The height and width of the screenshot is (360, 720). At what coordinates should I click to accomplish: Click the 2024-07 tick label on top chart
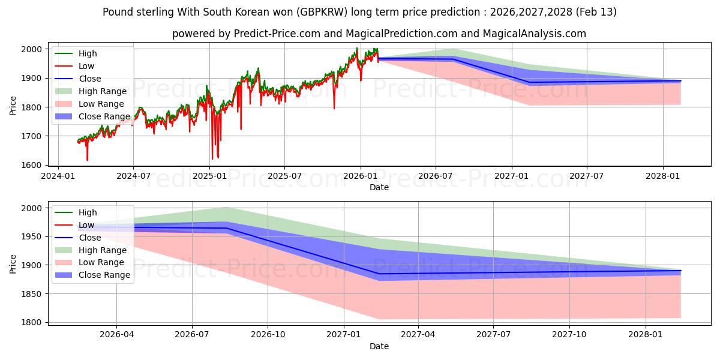pos(133,177)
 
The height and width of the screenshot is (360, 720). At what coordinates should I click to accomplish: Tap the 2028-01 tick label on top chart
pos(663,177)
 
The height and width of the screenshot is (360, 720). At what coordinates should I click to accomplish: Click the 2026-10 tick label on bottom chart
pos(268,335)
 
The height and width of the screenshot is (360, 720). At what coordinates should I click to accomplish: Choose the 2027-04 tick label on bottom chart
pos(418,335)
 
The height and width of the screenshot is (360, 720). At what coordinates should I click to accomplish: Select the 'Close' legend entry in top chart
pos(90,79)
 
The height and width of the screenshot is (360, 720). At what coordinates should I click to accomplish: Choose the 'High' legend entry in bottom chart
pos(88,212)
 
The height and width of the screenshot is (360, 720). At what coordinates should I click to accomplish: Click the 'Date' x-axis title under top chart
pos(379,187)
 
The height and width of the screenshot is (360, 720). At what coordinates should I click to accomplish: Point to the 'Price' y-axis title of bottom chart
pos(13,265)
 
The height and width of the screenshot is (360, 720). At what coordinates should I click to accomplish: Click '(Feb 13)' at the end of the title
pos(595,12)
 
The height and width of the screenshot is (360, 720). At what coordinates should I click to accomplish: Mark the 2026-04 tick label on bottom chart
pos(116,335)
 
